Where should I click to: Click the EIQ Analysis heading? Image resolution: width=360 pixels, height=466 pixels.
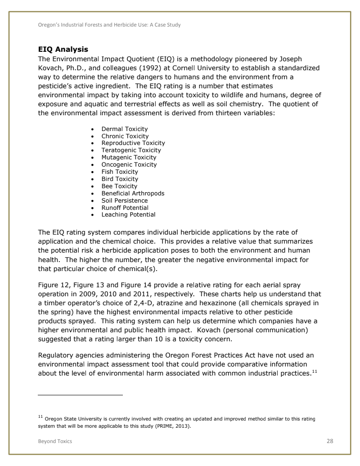point(63,49)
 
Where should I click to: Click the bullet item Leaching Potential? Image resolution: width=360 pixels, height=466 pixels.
point(128,215)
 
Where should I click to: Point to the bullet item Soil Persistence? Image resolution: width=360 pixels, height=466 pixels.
point(124,200)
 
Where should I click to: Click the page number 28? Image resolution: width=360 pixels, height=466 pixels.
point(330,441)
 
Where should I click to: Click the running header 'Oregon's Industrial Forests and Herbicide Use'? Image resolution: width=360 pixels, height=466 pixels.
point(109,25)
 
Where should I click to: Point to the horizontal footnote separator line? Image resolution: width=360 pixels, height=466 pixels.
point(80,395)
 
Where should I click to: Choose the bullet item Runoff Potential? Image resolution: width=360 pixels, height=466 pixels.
point(125,208)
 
